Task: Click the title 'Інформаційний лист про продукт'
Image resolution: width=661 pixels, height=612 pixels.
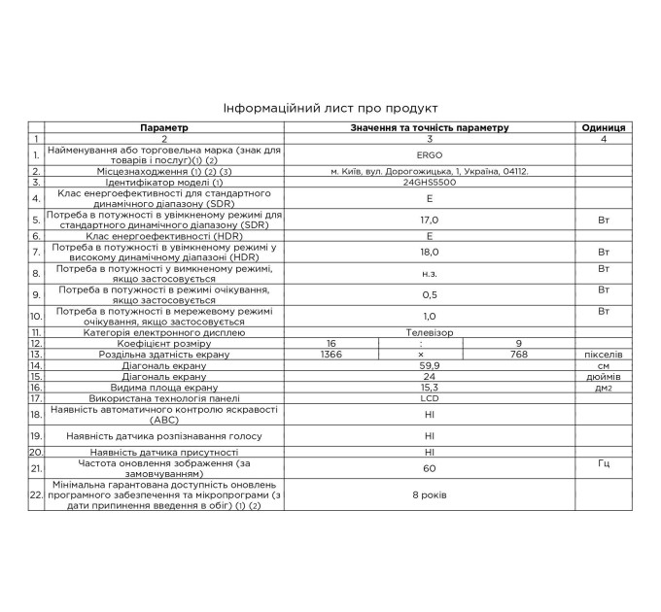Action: click(x=330, y=108)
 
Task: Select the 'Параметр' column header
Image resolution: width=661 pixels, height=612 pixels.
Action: click(x=163, y=127)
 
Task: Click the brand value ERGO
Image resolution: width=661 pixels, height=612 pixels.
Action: click(x=429, y=154)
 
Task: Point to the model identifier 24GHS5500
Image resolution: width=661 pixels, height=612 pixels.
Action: click(x=429, y=182)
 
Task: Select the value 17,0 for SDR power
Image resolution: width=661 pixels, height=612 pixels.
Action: click(x=429, y=220)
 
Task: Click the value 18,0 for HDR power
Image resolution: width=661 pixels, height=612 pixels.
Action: click(x=429, y=252)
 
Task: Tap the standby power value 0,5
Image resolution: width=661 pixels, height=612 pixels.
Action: click(x=429, y=294)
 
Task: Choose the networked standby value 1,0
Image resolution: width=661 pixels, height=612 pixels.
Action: click(x=429, y=316)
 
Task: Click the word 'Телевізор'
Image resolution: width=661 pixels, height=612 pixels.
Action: click(x=429, y=332)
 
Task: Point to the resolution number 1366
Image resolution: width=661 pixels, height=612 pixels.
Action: click(x=331, y=355)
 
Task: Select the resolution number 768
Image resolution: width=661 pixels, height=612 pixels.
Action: click(x=518, y=355)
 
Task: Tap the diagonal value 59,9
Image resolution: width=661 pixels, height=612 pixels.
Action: click(x=429, y=365)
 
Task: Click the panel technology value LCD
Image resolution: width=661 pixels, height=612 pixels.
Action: click(x=429, y=397)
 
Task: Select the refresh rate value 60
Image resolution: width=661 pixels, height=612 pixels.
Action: click(x=429, y=468)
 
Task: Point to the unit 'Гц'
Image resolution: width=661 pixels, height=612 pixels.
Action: click(x=603, y=463)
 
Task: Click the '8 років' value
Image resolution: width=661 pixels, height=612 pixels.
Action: click(x=429, y=494)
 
